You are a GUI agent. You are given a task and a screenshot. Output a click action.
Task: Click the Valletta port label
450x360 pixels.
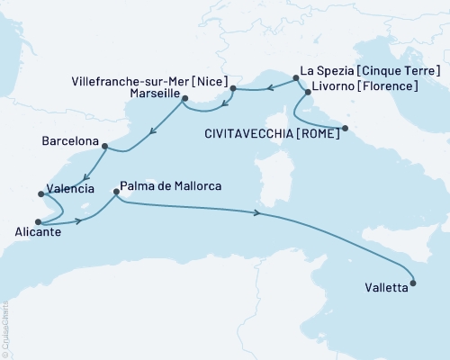point(384,290)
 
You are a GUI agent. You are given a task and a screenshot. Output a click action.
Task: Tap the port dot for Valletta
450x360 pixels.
point(413,284)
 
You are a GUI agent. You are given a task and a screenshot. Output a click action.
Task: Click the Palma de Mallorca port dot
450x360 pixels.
point(117,192)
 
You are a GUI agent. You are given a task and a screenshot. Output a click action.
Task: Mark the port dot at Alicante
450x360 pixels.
point(38,221)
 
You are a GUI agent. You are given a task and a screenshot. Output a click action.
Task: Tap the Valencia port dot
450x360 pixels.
point(39,193)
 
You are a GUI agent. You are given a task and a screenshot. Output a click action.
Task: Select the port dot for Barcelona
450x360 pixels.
point(104,147)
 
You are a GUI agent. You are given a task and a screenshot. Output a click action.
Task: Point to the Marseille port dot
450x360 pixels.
point(184,97)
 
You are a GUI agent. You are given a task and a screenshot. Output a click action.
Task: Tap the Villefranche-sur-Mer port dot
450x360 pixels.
point(232,88)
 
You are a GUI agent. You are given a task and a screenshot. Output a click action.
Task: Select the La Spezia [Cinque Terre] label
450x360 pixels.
point(370,71)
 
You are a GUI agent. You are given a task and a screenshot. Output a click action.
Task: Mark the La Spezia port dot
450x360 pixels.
point(296,79)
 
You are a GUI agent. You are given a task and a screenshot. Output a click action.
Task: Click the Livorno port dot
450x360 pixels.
point(308,92)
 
